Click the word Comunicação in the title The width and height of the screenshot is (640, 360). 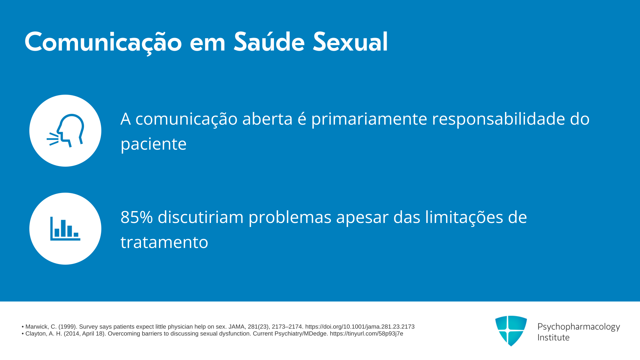103,43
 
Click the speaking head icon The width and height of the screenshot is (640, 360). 65,131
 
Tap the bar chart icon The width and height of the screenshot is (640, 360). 65,229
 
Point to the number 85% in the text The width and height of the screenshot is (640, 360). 137,217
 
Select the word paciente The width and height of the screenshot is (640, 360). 153,144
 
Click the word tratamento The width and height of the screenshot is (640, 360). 164,242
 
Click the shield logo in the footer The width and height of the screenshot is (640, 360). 511,331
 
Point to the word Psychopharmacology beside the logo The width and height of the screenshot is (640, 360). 579,327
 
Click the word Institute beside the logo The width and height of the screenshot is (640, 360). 553,337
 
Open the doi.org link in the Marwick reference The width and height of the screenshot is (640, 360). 360,327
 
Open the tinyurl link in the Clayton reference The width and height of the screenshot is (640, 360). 366,334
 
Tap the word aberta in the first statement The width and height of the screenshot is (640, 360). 267,119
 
